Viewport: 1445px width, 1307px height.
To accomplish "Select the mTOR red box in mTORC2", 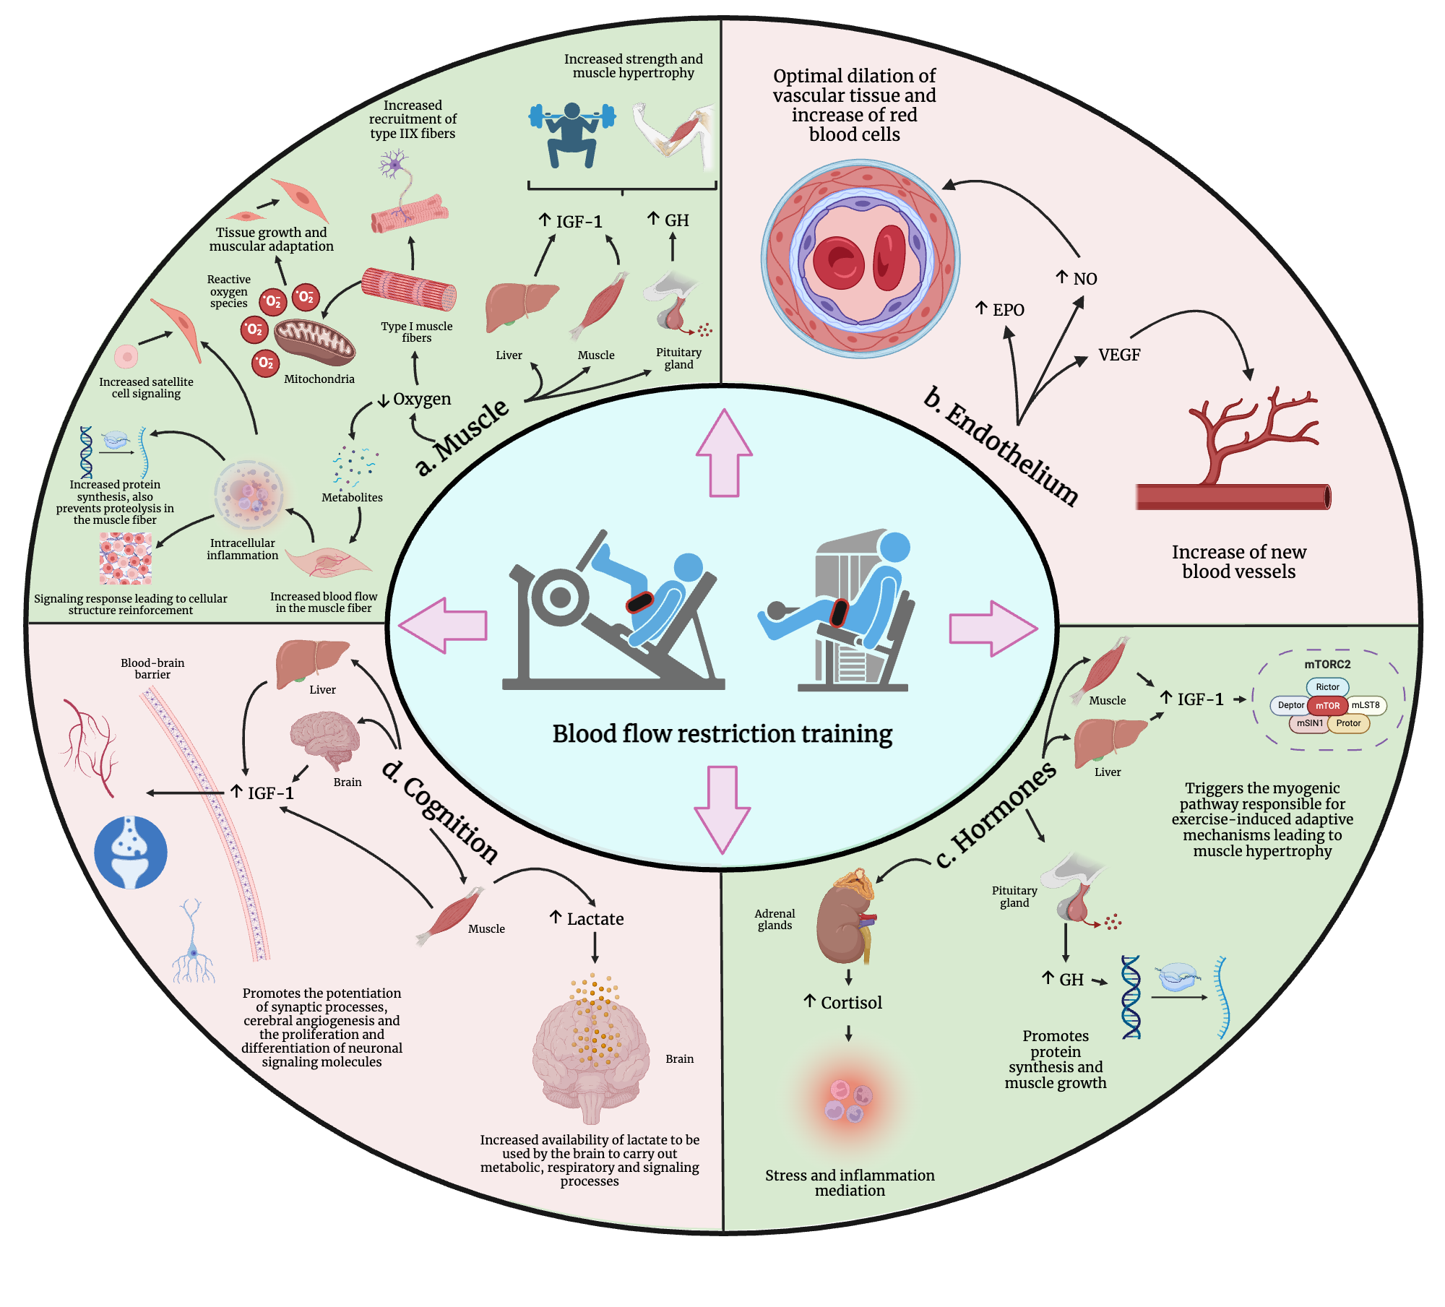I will [1327, 706].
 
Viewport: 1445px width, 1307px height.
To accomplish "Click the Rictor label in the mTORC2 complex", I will [1327, 687].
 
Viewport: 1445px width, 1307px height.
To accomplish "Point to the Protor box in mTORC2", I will [1348, 723].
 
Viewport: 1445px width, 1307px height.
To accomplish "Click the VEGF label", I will [1118, 355].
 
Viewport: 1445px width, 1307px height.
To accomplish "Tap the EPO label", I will [1007, 310].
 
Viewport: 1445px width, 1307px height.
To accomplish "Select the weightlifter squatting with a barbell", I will [571, 135].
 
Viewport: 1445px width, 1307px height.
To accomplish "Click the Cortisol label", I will [851, 1003].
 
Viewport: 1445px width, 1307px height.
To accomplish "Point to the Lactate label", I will [595, 919].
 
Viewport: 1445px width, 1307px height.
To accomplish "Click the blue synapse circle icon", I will [131, 853].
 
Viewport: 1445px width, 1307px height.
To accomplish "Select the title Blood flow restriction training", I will [722, 733].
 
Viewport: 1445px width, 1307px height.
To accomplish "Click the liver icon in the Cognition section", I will [311, 660].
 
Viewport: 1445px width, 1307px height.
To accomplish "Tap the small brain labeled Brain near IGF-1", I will [325, 740].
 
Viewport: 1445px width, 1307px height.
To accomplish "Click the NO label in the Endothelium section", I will [1084, 279].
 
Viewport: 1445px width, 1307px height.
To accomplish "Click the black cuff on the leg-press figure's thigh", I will [639, 601].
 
